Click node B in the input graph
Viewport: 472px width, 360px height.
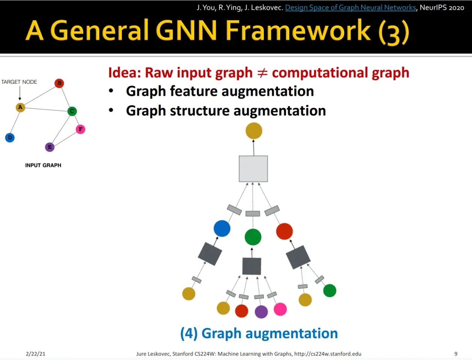[x=59, y=83]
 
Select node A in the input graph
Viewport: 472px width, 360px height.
[x=20, y=107]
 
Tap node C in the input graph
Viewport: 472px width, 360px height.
[x=72, y=111]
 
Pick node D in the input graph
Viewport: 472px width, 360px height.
[x=10, y=138]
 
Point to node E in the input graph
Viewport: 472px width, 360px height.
[x=50, y=147]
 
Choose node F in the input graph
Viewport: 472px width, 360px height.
[x=80, y=129]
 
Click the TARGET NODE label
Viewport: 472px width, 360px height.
[x=19, y=82]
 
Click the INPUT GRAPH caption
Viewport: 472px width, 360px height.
[x=43, y=165]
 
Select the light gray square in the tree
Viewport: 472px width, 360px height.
[x=253, y=169]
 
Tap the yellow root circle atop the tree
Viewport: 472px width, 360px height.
[x=254, y=131]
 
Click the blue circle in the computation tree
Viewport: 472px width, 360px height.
[x=222, y=228]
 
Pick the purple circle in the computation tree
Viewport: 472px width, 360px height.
[x=261, y=312]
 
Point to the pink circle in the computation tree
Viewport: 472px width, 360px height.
[x=280, y=309]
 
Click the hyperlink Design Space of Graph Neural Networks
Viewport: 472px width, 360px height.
[x=351, y=8]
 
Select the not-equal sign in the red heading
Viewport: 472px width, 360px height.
[x=262, y=73]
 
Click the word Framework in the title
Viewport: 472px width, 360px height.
[x=298, y=30]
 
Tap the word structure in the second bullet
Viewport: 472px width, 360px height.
[x=199, y=111]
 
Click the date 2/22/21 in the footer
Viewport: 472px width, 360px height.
[x=35, y=354]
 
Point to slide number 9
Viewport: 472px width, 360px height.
[x=456, y=354]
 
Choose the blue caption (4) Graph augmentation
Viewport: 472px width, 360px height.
[x=259, y=334]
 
